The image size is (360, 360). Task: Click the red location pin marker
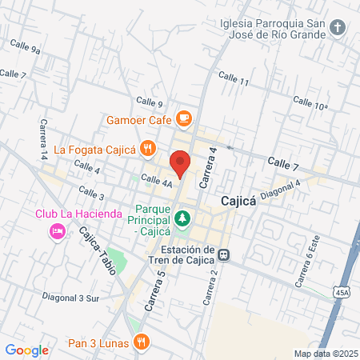click(x=181, y=162)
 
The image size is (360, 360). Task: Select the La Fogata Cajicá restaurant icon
click(x=147, y=148)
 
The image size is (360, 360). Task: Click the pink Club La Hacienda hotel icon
click(x=57, y=231)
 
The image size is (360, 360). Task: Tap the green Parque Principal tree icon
click(x=183, y=218)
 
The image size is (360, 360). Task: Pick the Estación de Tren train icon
click(x=225, y=255)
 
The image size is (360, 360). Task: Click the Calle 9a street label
click(x=26, y=46)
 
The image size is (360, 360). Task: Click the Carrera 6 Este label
click(x=310, y=265)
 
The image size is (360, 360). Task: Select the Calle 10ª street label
click(x=310, y=103)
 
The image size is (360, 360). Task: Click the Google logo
click(x=26, y=350)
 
